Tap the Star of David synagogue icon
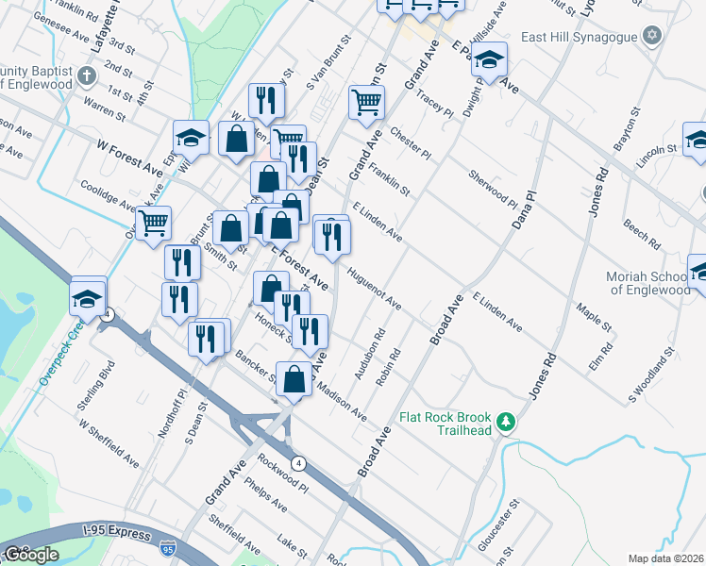pos(650,36)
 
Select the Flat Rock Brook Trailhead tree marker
pos(507,421)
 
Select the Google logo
pos(30,555)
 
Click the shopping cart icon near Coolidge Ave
pos(153,224)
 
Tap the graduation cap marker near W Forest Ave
pos(191,138)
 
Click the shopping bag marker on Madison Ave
pos(295,378)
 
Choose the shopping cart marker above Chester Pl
pos(366,101)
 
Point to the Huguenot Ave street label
pos(374,289)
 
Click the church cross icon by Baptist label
pos(86,75)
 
